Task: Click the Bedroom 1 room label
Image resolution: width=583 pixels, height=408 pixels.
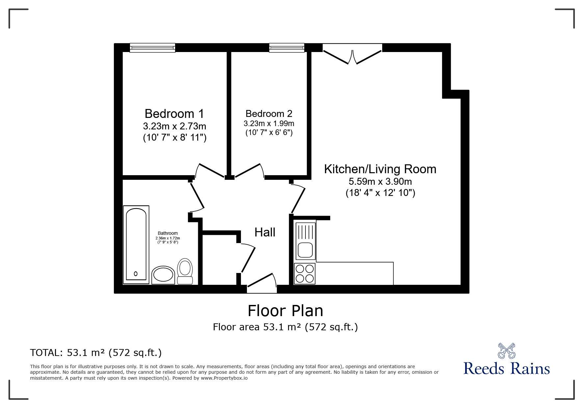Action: click(174, 114)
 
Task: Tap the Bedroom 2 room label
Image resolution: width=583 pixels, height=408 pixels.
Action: click(269, 114)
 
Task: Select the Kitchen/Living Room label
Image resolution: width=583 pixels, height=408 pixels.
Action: click(380, 169)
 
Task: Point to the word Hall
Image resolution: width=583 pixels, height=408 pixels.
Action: click(265, 232)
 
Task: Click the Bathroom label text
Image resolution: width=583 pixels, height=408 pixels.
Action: click(168, 233)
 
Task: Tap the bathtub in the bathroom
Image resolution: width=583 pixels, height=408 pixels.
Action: click(136, 245)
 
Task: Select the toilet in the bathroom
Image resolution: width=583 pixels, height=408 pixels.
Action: click(185, 271)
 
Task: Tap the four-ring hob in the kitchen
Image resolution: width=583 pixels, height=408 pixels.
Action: click(305, 273)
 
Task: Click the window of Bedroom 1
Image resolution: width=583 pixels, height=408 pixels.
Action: click(152, 48)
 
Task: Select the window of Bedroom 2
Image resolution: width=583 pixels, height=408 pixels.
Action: click(287, 48)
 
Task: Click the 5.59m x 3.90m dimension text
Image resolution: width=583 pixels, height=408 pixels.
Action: click(380, 181)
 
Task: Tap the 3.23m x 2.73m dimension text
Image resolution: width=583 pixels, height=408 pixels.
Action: click(174, 126)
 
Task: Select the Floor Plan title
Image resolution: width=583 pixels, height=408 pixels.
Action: click(285, 311)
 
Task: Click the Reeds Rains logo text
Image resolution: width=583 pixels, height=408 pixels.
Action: click(507, 368)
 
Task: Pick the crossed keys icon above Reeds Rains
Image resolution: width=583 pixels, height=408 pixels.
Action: click(507, 351)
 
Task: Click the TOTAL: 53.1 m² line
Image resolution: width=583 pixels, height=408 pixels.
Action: click(96, 353)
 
